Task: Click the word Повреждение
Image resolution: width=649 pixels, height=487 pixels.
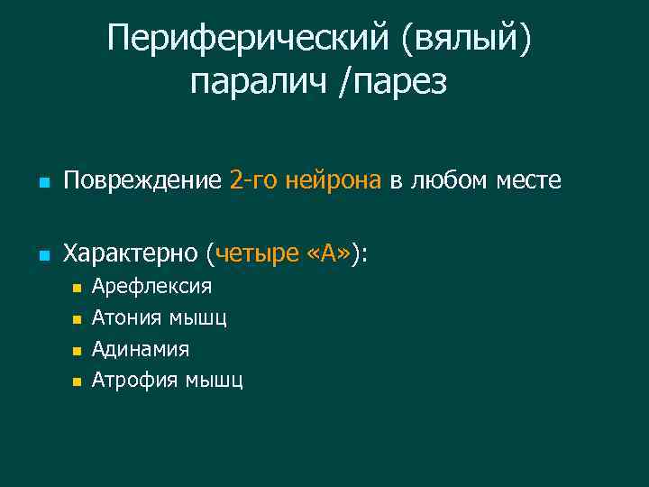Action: [x=142, y=181]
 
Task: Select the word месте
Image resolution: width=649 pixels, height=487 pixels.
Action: [x=529, y=181]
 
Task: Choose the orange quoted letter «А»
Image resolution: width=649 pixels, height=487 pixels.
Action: [x=330, y=254]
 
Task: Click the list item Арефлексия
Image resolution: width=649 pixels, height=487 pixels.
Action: [x=152, y=287]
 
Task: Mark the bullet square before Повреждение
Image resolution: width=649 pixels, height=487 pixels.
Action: [x=43, y=184]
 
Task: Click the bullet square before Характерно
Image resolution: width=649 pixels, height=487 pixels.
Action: [x=43, y=257]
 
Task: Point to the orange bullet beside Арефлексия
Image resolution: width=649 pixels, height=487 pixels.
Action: [x=77, y=289]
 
